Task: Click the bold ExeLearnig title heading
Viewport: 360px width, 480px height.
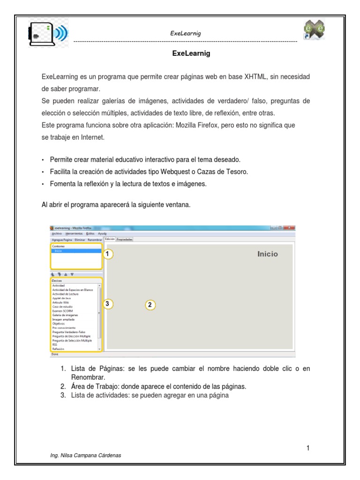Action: [x=191, y=54]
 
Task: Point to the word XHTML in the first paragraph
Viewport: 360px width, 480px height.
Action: [x=257, y=76]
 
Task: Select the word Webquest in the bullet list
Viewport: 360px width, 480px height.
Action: [x=174, y=172]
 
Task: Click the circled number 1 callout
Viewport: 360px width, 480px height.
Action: [x=108, y=254]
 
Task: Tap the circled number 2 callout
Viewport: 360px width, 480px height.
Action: [x=150, y=305]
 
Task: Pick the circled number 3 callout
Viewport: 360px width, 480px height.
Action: [x=108, y=304]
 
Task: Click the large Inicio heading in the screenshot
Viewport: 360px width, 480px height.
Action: [x=267, y=254]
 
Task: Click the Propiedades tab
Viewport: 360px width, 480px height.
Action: [x=125, y=239]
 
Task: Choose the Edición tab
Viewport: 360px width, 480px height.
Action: [x=110, y=239]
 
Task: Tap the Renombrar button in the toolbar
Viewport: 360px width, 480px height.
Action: [x=94, y=239]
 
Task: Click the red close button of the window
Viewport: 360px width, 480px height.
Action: [x=290, y=228]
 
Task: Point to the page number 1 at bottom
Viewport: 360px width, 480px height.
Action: [x=308, y=448]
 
